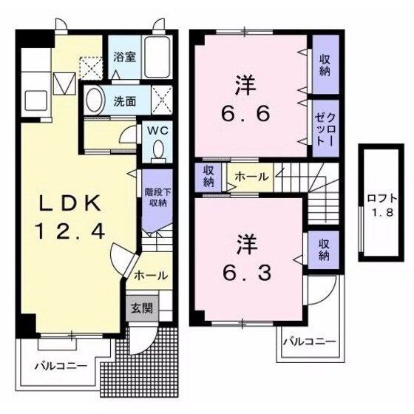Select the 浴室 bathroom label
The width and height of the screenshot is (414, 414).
[123, 55]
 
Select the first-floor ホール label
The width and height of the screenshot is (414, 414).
[151, 275]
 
